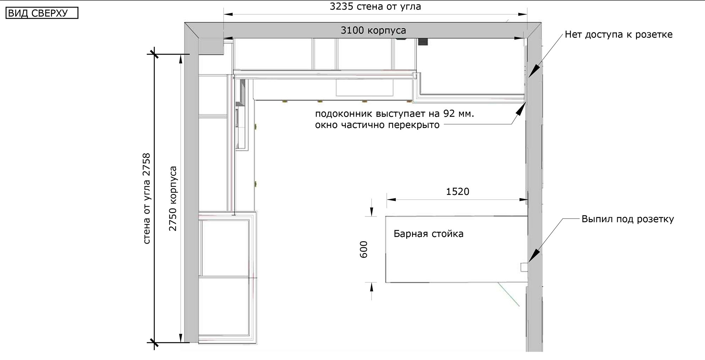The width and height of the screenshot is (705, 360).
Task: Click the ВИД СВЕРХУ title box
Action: (x=42, y=13)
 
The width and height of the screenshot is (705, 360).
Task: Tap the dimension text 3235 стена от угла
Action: (x=375, y=6)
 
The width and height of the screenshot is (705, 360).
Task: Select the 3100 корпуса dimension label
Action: (x=373, y=30)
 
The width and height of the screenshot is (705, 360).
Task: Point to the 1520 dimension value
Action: (x=458, y=191)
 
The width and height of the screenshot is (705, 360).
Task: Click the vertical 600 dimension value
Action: (x=364, y=249)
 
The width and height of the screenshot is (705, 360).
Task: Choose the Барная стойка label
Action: (x=428, y=234)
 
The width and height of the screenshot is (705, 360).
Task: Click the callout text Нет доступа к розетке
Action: (x=619, y=35)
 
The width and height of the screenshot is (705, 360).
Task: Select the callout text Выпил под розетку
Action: (x=628, y=219)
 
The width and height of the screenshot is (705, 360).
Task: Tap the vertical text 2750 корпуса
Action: (x=173, y=199)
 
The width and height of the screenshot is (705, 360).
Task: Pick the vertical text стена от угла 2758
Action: (x=147, y=199)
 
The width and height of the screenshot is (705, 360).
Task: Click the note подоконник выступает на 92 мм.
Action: (x=394, y=114)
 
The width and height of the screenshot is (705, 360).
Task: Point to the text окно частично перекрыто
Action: (x=377, y=125)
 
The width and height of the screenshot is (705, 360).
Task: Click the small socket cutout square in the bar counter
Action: (x=524, y=267)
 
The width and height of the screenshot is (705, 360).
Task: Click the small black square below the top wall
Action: (x=423, y=42)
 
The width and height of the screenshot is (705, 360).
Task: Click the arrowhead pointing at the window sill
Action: (x=520, y=109)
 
